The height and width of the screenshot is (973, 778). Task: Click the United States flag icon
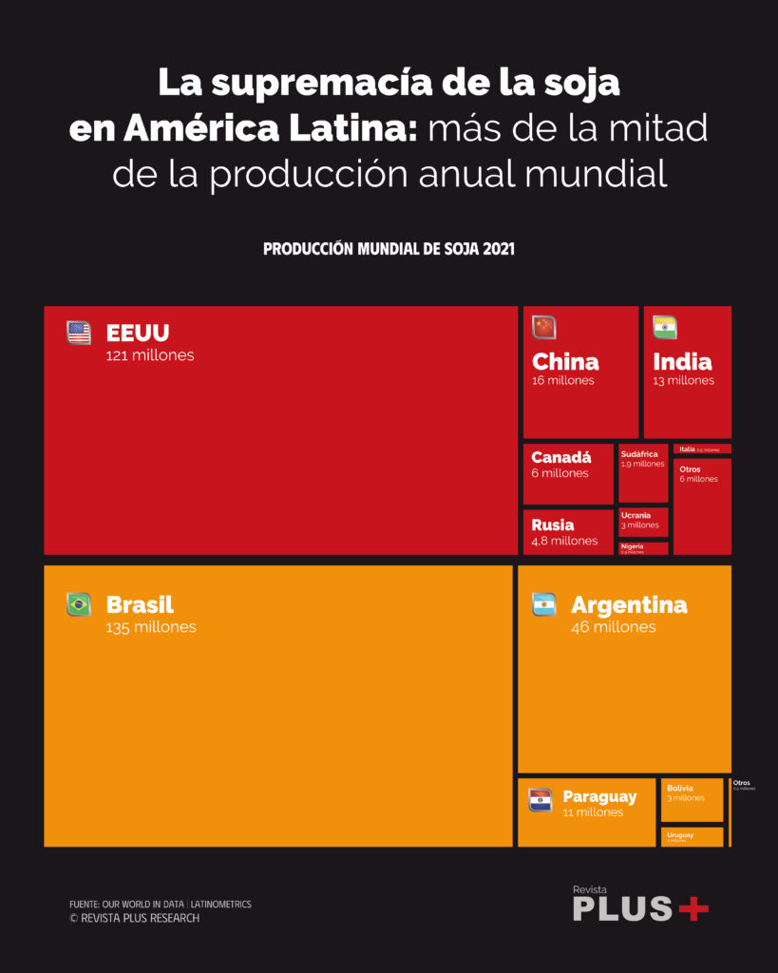click(79, 333)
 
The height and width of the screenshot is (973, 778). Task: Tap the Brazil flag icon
click(79, 604)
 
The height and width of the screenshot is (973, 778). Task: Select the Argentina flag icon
click(543, 604)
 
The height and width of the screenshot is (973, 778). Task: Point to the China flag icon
click(543, 328)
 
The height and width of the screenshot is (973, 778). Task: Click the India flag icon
click(665, 328)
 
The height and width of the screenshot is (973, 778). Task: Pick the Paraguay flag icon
click(540, 800)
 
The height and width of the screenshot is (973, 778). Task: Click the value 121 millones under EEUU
click(150, 356)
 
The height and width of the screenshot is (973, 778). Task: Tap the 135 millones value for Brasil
click(151, 628)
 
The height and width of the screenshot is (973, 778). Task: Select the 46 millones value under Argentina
click(613, 628)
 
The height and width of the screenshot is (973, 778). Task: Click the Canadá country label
click(560, 457)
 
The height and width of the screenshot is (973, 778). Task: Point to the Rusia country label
click(552, 525)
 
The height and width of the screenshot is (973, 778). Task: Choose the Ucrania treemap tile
click(643, 522)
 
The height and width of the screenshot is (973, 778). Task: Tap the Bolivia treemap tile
click(692, 800)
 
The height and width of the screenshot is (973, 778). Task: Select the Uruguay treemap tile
click(692, 837)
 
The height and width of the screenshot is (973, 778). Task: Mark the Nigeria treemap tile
click(643, 548)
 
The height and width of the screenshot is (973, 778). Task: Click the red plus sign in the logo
click(693, 908)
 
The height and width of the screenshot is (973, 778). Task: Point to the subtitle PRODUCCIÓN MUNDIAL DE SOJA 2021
click(389, 249)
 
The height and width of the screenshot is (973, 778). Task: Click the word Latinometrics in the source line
click(221, 905)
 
